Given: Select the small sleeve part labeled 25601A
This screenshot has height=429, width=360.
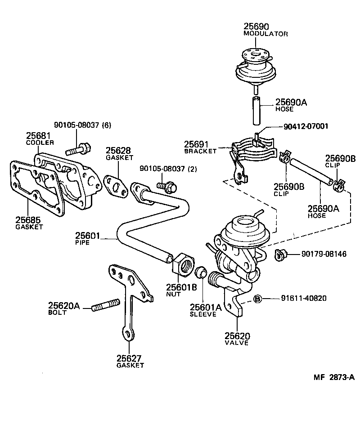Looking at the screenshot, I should point(202,273).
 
